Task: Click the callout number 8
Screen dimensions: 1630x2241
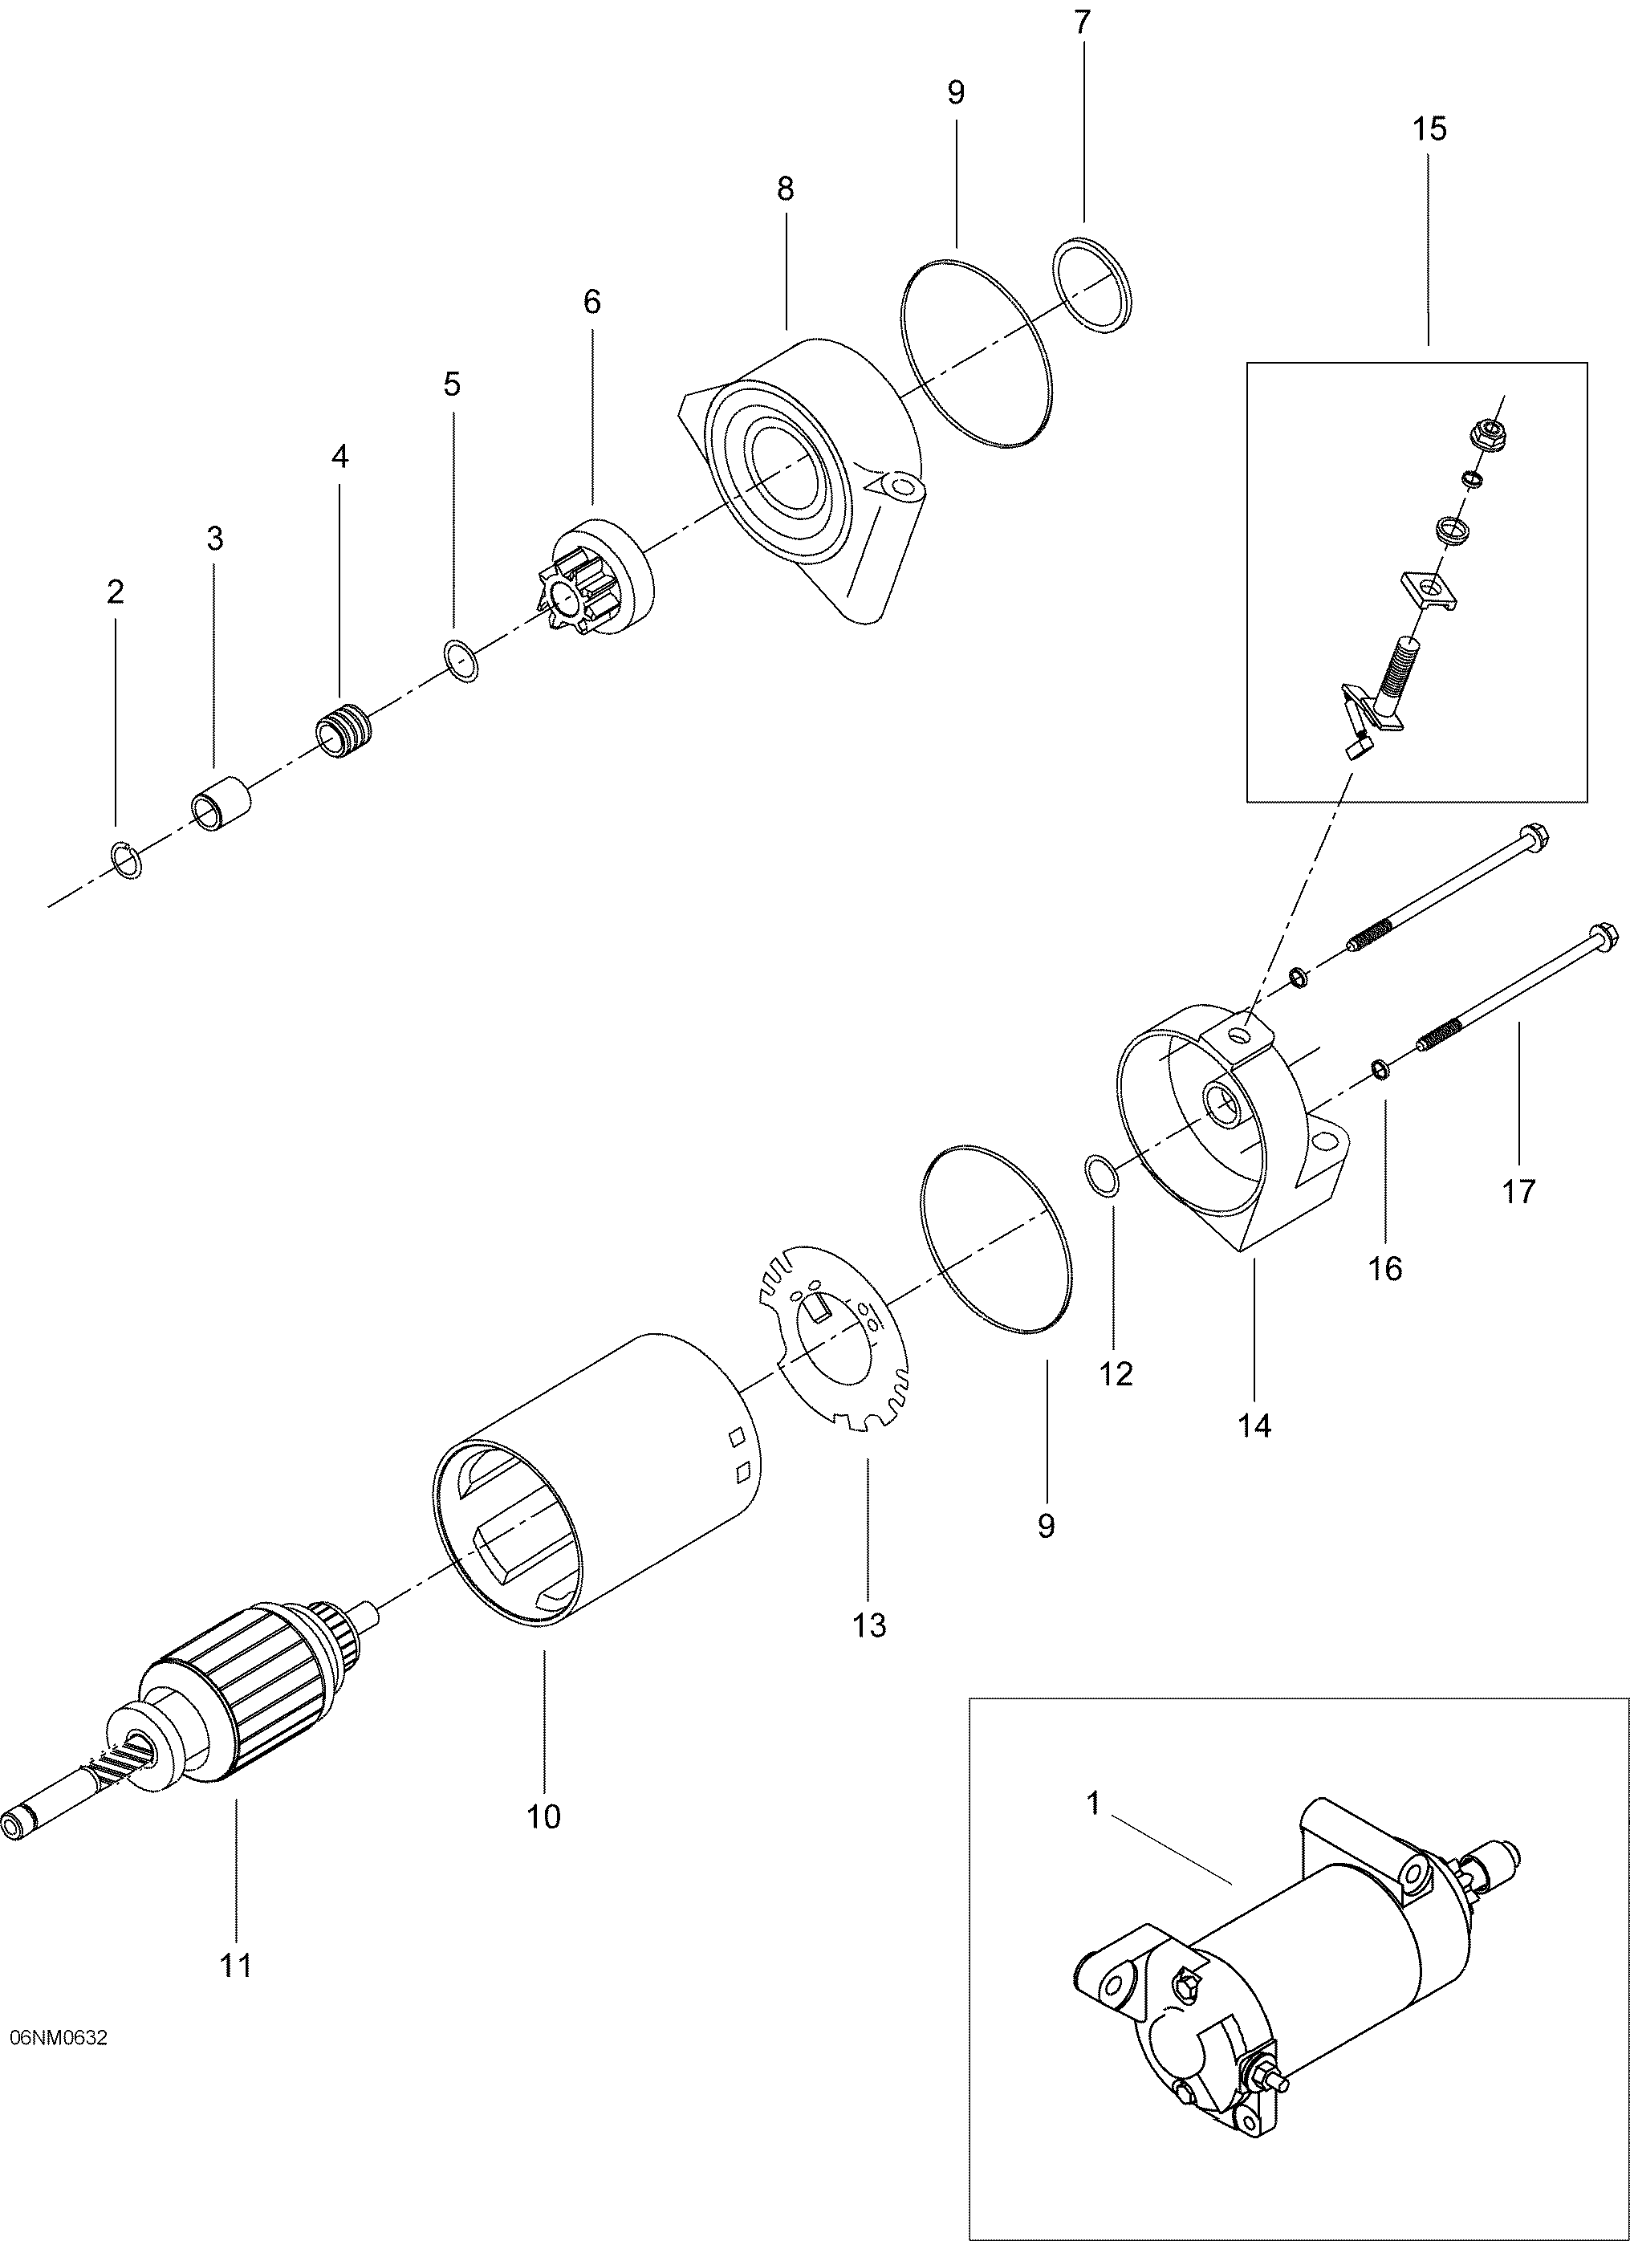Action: point(786,188)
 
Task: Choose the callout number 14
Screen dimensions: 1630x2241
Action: point(1254,1425)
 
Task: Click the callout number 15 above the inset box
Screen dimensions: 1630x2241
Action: point(1429,128)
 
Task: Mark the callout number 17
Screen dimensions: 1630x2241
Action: point(1519,1193)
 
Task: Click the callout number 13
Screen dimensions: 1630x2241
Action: point(869,1625)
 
